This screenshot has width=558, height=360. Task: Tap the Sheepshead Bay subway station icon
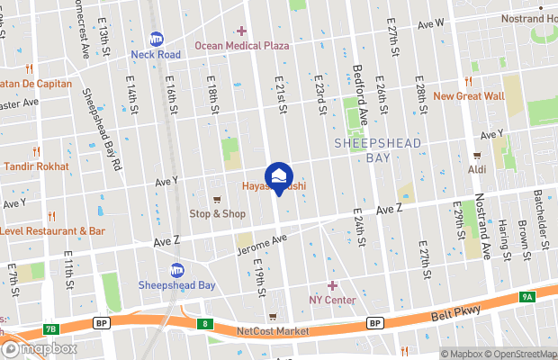coord(177,270)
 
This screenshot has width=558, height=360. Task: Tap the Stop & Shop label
coord(217,213)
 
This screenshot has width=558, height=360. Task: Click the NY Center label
coord(332,299)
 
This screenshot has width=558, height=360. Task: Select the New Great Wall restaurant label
coord(468,95)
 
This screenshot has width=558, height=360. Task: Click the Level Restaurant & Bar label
coord(53,230)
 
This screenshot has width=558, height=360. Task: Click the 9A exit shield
coord(526,296)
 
